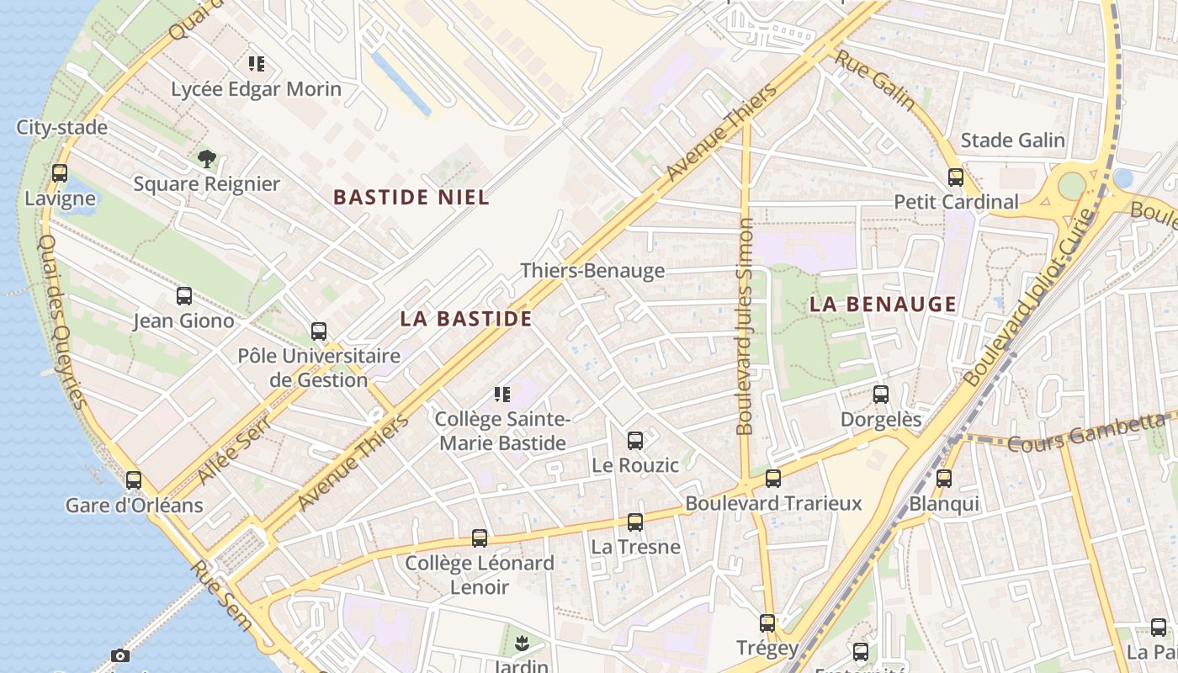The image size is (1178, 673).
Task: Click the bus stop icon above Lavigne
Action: [x=60, y=173]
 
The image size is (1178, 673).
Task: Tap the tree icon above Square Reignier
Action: [x=206, y=158]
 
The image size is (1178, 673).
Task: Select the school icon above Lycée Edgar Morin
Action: [x=257, y=63]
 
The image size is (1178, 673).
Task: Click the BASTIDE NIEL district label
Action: [x=411, y=198]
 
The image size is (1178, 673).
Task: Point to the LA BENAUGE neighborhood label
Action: [x=883, y=305]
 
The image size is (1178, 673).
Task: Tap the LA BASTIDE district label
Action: [x=466, y=319]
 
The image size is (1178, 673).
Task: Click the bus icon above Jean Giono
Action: [x=184, y=296]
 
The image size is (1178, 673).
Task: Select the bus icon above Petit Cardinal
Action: [x=956, y=178]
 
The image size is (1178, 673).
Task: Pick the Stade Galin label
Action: [x=1012, y=140]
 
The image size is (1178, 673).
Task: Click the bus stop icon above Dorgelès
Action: [x=881, y=394]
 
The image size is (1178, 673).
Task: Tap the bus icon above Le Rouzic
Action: [x=635, y=441]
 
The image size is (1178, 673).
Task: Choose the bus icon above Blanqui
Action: [x=944, y=479]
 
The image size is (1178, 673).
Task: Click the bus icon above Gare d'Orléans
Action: [x=134, y=480]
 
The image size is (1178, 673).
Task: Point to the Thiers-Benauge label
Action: [x=592, y=271]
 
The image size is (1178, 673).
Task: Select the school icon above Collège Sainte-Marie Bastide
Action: [x=502, y=395]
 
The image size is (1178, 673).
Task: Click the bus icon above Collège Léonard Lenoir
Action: [x=480, y=538]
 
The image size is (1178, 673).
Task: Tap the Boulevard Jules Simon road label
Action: [x=745, y=326]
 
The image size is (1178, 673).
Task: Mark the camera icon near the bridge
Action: [x=120, y=655]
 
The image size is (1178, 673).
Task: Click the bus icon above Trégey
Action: [x=767, y=623]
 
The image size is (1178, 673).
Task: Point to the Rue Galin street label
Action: [x=875, y=79]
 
